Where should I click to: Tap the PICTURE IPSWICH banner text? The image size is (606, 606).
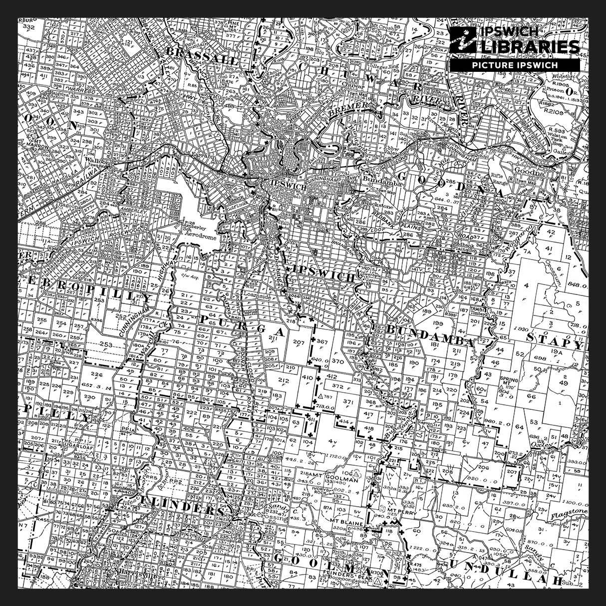515,65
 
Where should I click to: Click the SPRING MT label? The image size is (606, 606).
509,382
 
